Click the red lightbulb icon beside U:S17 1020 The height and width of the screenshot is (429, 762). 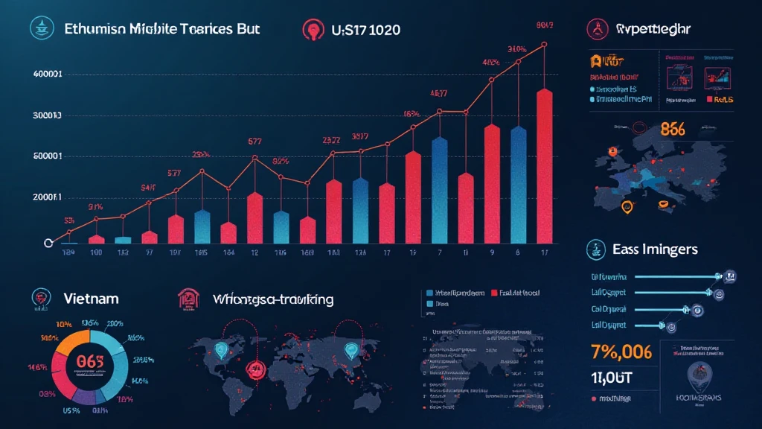click(311, 29)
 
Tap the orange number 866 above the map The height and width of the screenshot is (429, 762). click(672, 128)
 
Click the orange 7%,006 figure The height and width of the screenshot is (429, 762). click(621, 351)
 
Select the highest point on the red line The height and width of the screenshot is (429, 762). click(544, 45)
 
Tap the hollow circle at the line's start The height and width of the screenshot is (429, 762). click(50, 242)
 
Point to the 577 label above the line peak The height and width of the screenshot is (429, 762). click(254, 141)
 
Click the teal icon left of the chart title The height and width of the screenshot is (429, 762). click(39, 28)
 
